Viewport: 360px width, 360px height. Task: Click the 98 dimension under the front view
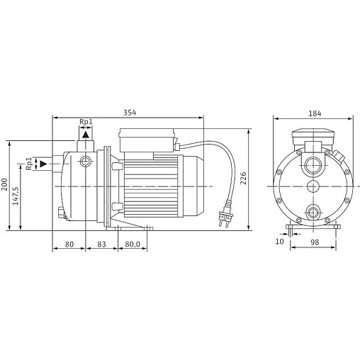[x=314, y=243]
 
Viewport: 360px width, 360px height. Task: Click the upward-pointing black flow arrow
[x=86, y=133]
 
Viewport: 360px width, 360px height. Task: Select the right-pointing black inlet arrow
[x=44, y=164]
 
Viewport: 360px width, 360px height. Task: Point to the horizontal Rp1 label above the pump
[x=86, y=121]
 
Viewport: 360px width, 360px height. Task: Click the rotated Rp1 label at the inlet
[x=29, y=164]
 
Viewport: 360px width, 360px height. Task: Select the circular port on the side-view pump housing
[x=86, y=162]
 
